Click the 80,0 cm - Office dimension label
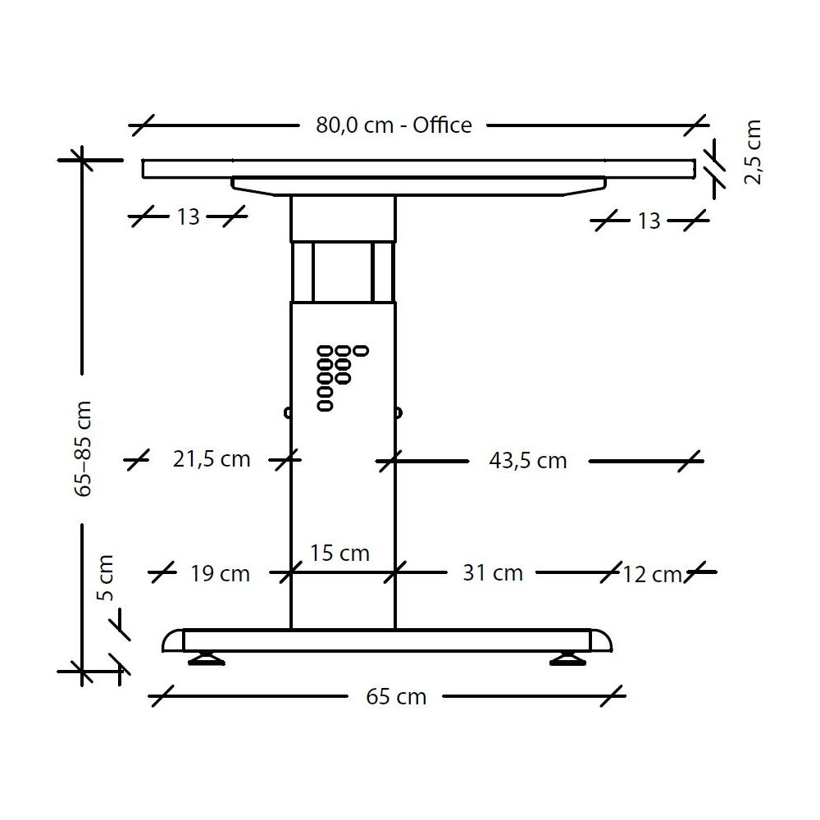(x=394, y=125)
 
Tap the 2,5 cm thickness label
(x=753, y=153)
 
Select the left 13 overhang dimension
(x=188, y=217)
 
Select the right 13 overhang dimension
(x=648, y=221)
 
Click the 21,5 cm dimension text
(x=212, y=459)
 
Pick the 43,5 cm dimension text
(x=527, y=461)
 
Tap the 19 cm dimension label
(x=220, y=573)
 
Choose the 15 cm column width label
(x=339, y=553)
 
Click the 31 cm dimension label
(x=492, y=572)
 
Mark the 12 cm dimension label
(x=651, y=575)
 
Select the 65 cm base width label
(x=396, y=697)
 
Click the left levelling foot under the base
(x=205, y=658)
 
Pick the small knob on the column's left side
(x=287, y=412)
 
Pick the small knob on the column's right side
(x=399, y=412)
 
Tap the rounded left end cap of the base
(x=173, y=640)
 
